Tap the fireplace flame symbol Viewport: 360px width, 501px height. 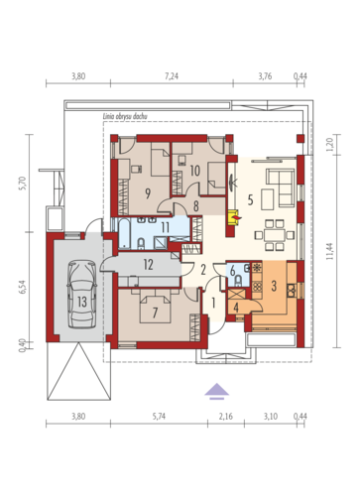(237, 217)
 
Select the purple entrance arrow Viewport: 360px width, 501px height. (216, 391)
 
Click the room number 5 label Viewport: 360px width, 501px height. (250, 199)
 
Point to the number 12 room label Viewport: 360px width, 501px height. (148, 265)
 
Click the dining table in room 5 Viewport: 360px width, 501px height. (274, 235)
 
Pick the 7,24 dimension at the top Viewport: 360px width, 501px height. (172, 76)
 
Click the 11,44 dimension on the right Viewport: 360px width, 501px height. (330, 251)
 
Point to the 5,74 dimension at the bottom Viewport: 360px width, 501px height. (159, 417)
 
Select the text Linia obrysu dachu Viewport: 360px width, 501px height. (125, 116)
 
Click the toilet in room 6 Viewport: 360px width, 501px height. (238, 281)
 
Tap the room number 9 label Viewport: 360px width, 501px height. (148, 193)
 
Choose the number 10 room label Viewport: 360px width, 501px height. (195, 171)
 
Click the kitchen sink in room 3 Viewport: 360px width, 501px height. (292, 290)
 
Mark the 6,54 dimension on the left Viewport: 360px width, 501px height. (22, 287)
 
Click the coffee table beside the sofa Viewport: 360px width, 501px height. (267, 199)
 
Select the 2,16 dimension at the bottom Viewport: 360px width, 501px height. (226, 417)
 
